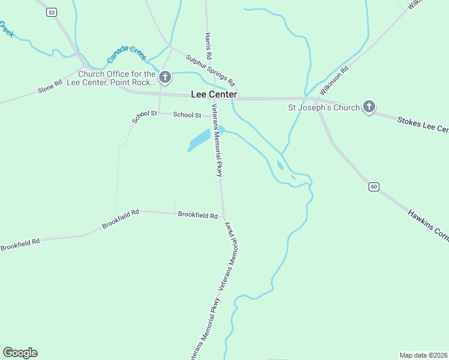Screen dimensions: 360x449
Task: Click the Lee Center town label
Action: [214, 94]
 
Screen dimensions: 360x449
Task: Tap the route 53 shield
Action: [52, 12]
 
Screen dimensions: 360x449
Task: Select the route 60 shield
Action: [374, 187]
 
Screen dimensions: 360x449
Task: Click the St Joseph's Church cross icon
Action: [369, 107]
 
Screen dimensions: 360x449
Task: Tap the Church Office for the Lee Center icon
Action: [165, 77]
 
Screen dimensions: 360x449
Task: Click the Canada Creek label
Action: [127, 55]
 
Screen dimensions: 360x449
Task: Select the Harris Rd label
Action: [209, 46]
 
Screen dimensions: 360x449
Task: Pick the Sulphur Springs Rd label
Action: [210, 70]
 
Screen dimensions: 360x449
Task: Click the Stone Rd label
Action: [50, 86]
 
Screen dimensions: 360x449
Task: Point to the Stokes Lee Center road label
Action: [423, 125]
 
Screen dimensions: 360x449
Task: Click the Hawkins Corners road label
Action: [428, 226]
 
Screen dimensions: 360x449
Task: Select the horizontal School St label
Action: [187, 115]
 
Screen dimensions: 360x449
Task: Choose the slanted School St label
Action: [144, 116]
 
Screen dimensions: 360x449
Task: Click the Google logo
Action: [20, 353]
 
